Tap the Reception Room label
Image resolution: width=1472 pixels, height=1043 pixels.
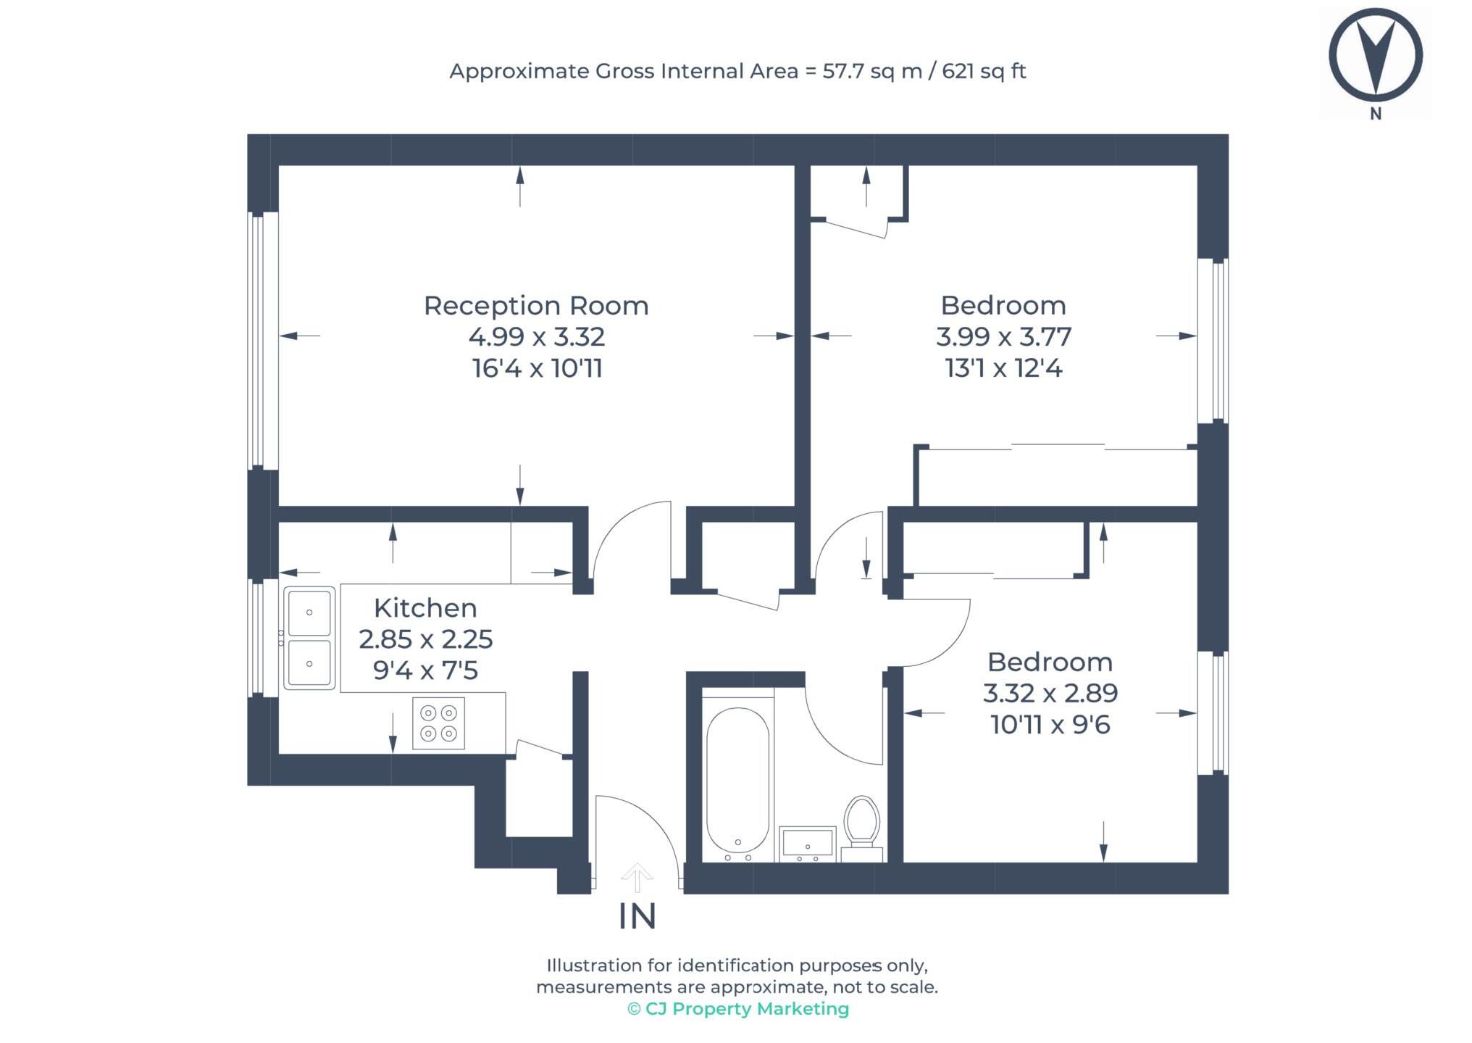535,305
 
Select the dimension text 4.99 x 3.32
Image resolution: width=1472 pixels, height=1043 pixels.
536,336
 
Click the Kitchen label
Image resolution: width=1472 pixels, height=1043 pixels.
425,607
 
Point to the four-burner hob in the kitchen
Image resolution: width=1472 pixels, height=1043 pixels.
438,723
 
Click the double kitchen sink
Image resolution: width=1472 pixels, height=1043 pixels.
309,638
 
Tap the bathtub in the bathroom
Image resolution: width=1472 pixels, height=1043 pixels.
737,781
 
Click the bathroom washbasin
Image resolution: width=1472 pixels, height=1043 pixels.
807,844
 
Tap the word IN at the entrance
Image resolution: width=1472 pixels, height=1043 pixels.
637,917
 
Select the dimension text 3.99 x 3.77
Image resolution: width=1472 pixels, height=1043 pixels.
1003,336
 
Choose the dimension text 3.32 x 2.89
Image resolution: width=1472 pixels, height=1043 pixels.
1050,693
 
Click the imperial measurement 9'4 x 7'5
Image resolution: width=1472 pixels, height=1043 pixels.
425,670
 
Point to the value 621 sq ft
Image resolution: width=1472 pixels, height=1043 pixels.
983,71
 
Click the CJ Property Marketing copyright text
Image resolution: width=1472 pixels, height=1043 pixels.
737,1008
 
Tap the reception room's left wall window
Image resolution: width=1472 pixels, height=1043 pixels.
263,340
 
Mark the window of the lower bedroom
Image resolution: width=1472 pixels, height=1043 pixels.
1213,712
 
